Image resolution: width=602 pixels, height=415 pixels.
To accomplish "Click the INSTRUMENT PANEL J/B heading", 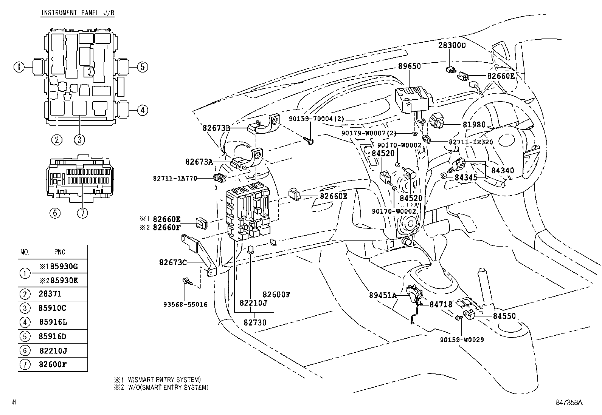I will (x=78, y=13).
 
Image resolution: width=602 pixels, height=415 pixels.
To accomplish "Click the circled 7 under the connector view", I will (x=82, y=213).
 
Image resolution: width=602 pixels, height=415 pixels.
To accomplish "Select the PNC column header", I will (x=59, y=252).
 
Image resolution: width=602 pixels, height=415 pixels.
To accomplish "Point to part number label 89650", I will (x=409, y=66).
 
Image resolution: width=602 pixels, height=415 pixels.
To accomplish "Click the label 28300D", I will (x=452, y=45).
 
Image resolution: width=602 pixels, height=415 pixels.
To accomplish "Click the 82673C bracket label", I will (x=173, y=262).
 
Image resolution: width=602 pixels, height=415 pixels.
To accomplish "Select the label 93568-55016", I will (x=185, y=304).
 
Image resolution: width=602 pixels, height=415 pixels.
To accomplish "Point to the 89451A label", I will (x=383, y=295).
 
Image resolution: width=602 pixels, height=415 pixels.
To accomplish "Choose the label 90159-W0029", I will (x=462, y=339).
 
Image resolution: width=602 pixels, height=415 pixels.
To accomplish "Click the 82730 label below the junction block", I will (x=255, y=322).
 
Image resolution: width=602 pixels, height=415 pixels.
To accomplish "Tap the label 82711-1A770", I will (x=175, y=178).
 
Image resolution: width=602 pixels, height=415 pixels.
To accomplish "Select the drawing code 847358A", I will (x=569, y=403).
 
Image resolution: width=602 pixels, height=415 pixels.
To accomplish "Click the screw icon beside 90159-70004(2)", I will (x=308, y=141).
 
